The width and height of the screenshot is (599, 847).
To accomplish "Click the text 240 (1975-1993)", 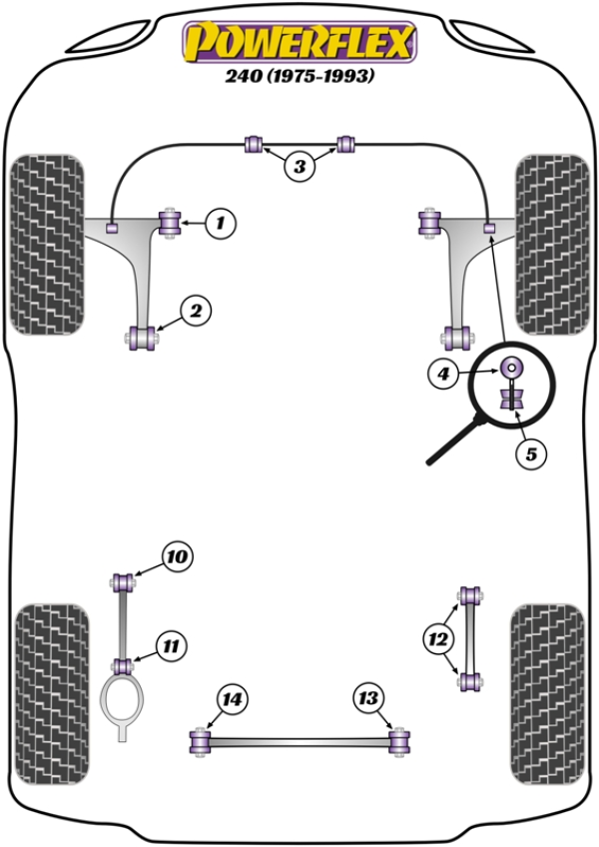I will click(x=298, y=76).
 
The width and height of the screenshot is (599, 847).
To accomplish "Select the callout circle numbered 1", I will click(x=221, y=223).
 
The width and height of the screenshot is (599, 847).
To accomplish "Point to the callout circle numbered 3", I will click(x=299, y=167).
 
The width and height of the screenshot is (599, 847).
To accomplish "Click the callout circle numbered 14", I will click(x=232, y=699).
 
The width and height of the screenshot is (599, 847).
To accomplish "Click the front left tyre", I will click(x=46, y=243).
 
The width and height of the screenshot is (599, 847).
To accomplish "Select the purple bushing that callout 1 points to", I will click(x=169, y=221).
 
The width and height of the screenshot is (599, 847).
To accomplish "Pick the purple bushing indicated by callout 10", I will click(x=125, y=579).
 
